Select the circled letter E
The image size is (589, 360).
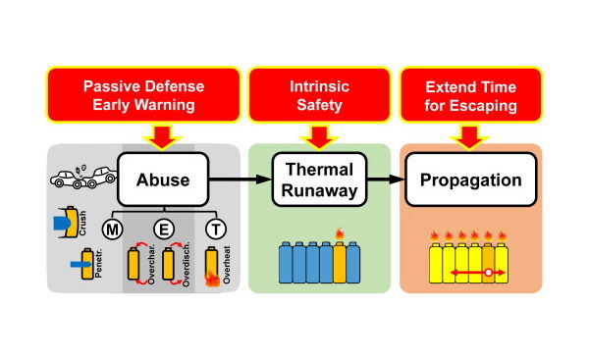click(163, 231)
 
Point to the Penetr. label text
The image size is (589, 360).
click(96, 265)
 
